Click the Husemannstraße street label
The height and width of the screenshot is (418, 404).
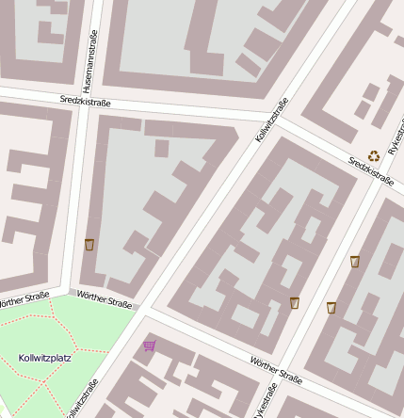(89, 49)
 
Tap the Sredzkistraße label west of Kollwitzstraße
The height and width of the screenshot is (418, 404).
(86, 101)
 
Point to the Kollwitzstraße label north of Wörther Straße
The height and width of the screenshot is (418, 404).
(271, 121)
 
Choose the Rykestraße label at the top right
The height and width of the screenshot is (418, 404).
(396, 132)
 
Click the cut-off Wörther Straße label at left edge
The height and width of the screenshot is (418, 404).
(23, 299)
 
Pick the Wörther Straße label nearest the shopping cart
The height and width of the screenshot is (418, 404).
(105, 297)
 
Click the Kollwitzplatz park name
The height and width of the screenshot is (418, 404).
(44, 358)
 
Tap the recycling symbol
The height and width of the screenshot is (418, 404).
(374, 156)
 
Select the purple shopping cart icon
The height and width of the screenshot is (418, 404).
(149, 346)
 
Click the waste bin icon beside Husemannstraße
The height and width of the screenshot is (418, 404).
(89, 245)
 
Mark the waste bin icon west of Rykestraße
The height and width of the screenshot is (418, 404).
(295, 303)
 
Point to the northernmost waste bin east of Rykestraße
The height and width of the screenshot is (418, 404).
(355, 262)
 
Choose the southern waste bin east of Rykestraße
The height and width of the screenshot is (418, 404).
(331, 308)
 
